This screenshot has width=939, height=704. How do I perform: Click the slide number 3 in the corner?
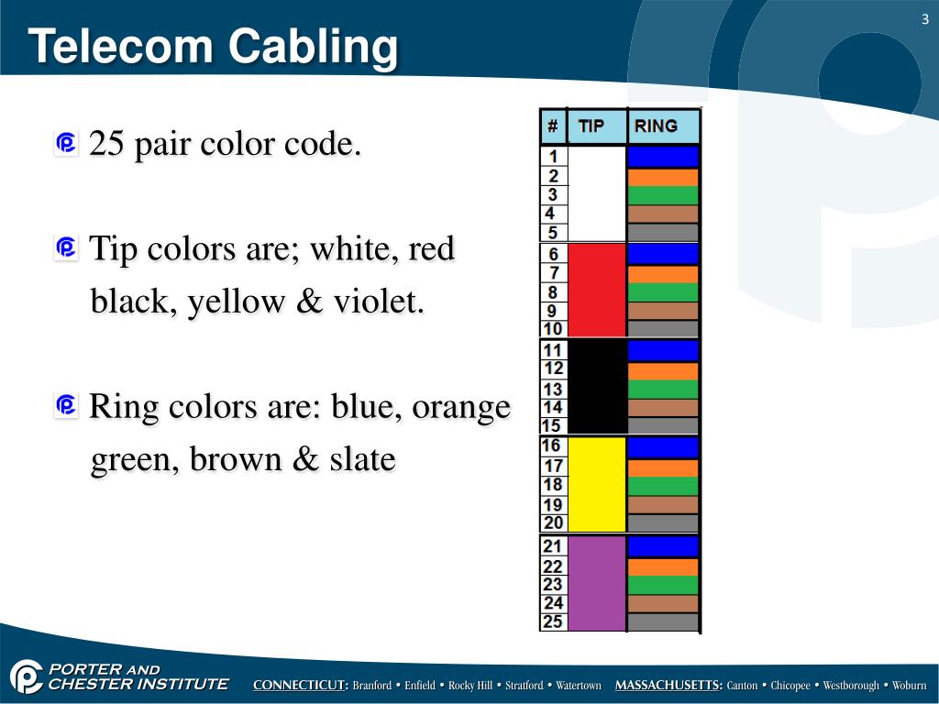pos(925,20)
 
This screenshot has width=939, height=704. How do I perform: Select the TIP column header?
pos(591,126)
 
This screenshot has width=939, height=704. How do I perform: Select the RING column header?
pos(656,126)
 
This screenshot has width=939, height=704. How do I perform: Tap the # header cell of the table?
pos(552,126)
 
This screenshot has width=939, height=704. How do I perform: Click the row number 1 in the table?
pos(553,157)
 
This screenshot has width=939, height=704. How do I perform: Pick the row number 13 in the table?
pos(553,389)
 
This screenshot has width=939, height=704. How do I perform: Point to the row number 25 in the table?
pos(553,621)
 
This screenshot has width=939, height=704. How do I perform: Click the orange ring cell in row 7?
pos(663,274)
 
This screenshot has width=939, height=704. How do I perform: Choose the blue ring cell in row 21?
pos(663,546)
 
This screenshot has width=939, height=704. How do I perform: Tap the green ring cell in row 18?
pos(663,486)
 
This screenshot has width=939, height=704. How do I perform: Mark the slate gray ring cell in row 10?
pos(663,329)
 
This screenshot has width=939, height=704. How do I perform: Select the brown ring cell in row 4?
pos(663,214)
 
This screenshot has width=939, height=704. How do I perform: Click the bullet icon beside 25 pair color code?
pos(66,143)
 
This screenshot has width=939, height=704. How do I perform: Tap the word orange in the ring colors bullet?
pos(460,407)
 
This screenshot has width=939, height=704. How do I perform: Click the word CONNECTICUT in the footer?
pos(300,686)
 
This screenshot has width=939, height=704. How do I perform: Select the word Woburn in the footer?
pos(909,686)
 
